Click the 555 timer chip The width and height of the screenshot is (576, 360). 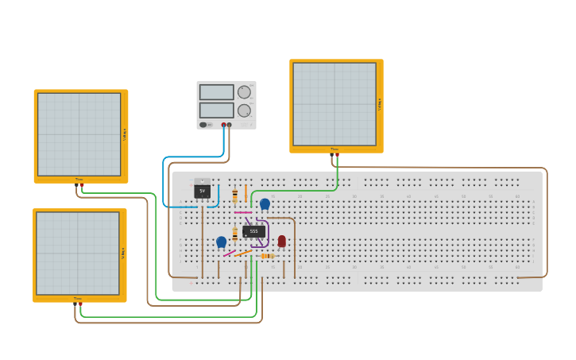(253, 231)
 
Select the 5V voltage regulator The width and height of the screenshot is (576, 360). (202, 191)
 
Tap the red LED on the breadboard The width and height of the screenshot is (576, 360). (281, 241)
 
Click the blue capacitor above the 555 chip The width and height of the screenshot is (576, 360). (265, 203)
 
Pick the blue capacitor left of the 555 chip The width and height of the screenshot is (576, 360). (221, 242)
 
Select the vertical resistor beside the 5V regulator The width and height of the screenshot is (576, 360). (234, 195)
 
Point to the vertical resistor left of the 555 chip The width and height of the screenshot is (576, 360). (234, 234)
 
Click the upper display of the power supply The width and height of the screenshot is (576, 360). (216, 92)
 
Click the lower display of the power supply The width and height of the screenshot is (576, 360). (216, 110)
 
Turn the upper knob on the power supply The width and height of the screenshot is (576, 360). (244, 92)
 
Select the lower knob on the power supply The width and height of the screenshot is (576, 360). (244, 110)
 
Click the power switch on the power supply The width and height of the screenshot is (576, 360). (203, 125)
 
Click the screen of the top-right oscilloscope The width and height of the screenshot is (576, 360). (334, 104)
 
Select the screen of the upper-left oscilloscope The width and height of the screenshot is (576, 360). (79, 134)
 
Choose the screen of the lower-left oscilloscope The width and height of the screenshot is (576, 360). (77, 254)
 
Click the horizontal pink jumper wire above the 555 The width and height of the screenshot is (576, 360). (243, 212)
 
